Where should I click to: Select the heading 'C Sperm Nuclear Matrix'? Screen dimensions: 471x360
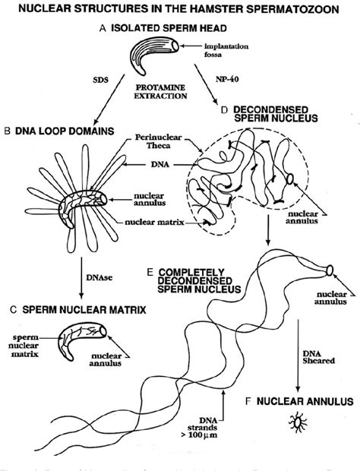(x=76, y=311)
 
